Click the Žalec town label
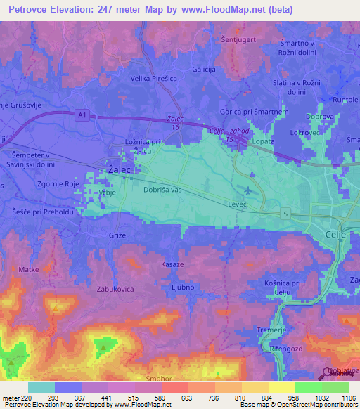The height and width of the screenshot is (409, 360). click(120, 169)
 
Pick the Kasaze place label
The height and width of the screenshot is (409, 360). click(172, 264)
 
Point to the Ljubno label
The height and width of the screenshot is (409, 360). click(182, 286)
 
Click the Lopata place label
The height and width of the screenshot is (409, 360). click(263, 141)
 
